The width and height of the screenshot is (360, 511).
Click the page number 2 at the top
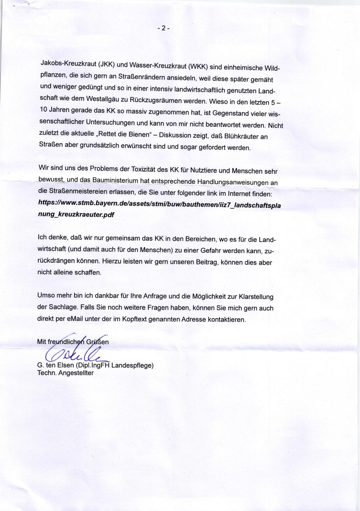point(163,28)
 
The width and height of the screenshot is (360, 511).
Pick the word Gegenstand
point(231,113)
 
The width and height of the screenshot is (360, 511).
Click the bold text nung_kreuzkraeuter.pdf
point(76,214)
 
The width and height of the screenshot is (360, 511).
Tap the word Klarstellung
point(256,297)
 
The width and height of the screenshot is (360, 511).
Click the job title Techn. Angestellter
point(65,373)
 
